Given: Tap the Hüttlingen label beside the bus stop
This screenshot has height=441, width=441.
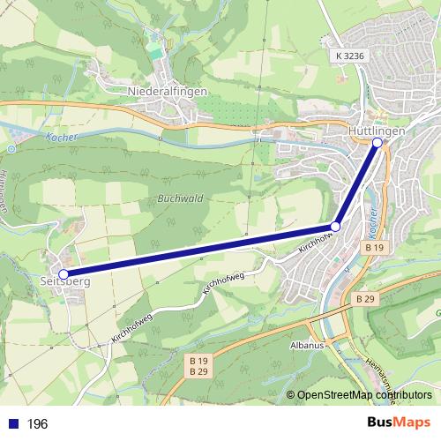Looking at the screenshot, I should (x=377, y=131).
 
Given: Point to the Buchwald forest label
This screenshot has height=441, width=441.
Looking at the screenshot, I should (x=182, y=198).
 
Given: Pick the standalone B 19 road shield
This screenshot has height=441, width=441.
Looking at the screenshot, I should (x=373, y=250).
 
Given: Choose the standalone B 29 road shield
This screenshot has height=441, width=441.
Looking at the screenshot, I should (x=366, y=300).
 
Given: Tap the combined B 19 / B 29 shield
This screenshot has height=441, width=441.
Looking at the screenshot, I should (x=198, y=366).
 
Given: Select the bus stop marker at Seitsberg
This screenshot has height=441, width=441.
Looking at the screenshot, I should (x=64, y=273).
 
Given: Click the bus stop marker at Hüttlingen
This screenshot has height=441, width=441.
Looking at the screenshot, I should (x=377, y=142).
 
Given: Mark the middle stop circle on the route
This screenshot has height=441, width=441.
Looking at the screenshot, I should (x=335, y=228).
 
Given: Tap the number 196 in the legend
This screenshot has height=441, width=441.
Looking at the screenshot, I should (x=37, y=424).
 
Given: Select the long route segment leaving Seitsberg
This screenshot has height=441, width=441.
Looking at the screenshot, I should (x=198, y=250).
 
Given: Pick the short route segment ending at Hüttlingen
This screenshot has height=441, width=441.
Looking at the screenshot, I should (x=356, y=184).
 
